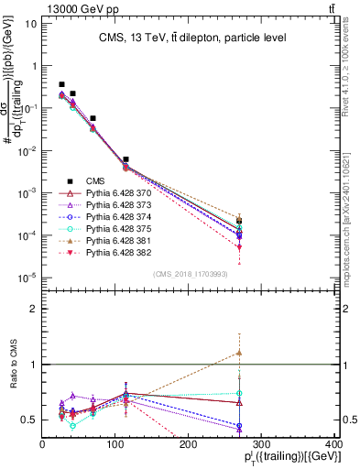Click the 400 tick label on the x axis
(333, 444)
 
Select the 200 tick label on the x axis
(188, 444)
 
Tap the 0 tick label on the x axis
(42, 444)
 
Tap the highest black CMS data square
(61, 84)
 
